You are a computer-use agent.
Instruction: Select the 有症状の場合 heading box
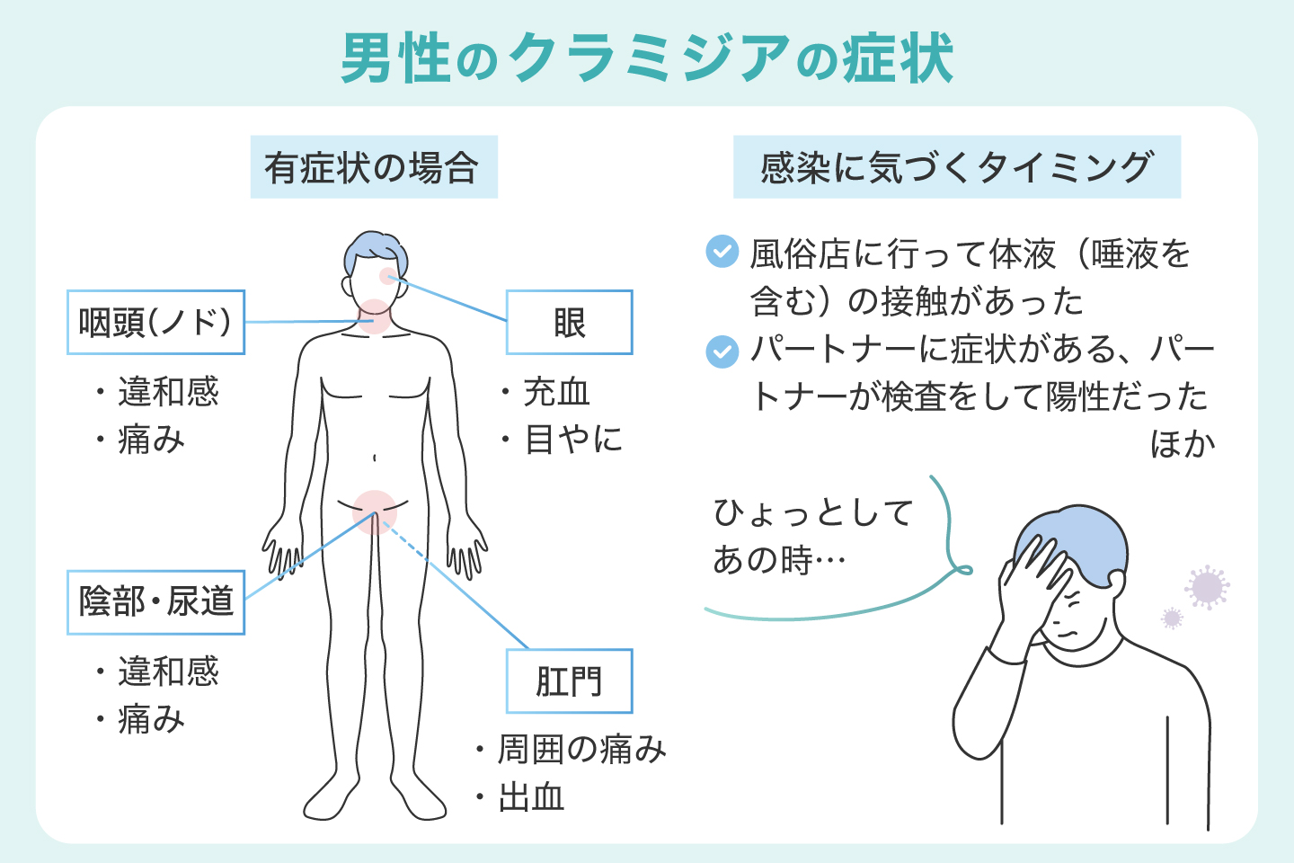tap(373, 167)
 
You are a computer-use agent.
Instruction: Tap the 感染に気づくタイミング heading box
tap(956, 167)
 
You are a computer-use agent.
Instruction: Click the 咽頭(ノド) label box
tap(155, 322)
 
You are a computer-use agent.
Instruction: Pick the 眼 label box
tap(569, 322)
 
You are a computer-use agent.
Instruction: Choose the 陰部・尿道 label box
tap(155, 601)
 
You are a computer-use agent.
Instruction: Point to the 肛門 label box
tap(569, 681)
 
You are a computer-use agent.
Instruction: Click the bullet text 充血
tap(556, 392)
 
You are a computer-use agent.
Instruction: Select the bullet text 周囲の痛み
tap(581, 749)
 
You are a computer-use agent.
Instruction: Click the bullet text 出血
tap(531, 796)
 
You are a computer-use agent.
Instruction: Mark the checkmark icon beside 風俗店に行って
tap(722, 252)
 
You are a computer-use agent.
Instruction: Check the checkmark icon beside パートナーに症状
tap(722, 351)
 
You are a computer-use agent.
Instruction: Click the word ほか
tap(1182, 444)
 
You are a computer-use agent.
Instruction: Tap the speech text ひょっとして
tap(813, 513)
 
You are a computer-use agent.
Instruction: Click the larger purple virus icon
tap(1207, 587)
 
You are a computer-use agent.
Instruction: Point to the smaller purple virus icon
tap(1172, 618)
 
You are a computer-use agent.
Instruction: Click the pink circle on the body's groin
tap(375, 512)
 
